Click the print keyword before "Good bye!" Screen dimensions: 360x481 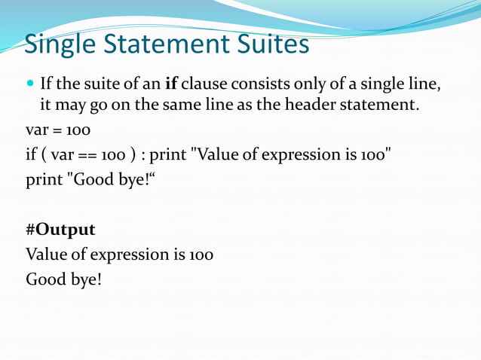click(x=44, y=181)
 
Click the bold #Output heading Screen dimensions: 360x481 click(x=60, y=229)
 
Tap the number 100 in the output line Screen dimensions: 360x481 click(x=201, y=255)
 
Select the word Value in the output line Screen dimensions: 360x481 click(x=45, y=255)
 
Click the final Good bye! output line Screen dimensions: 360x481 click(x=63, y=280)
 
